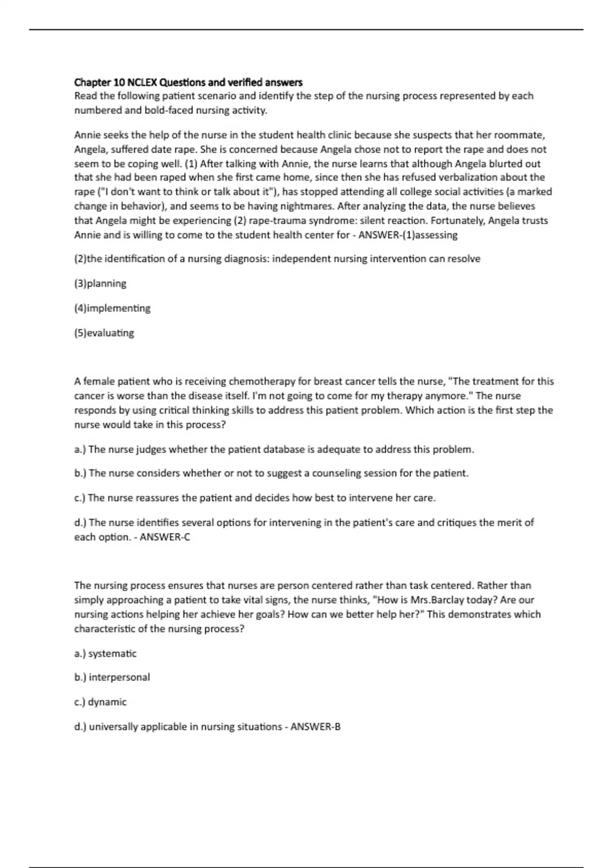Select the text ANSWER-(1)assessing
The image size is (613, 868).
(408, 235)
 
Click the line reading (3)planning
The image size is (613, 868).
(100, 283)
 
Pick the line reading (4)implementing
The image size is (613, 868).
(112, 308)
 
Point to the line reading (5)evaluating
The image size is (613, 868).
(104, 333)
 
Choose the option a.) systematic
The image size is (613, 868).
(105, 654)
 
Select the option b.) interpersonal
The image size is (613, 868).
(112, 678)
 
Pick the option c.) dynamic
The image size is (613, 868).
(100, 702)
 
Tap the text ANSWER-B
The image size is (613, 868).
(315, 727)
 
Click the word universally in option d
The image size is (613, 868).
(113, 727)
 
